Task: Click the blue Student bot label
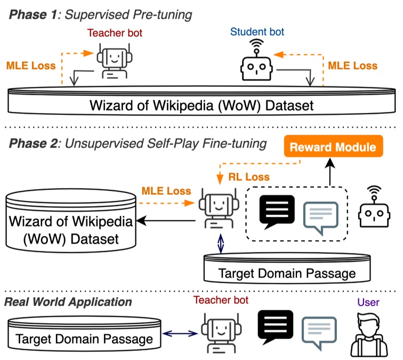click(257, 32)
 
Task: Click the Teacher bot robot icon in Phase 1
click(115, 62)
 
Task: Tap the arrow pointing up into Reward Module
click(330, 172)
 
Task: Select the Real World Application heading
click(68, 302)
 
